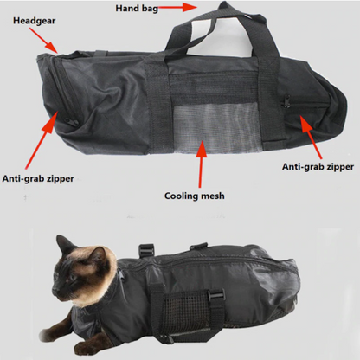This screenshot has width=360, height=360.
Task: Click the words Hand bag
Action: [137, 9]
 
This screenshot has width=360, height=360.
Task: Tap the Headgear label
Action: [34, 21]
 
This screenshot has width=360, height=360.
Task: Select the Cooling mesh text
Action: [195, 196]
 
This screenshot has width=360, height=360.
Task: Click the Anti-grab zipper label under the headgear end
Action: [38, 178]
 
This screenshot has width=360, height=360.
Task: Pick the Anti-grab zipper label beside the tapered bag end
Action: [318, 167]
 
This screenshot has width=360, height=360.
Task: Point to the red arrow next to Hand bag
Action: [177, 8]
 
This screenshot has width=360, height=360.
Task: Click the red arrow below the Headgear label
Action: [43, 41]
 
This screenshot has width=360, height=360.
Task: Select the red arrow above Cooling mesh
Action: [201, 164]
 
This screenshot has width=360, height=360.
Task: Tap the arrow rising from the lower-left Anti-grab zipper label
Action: [42, 139]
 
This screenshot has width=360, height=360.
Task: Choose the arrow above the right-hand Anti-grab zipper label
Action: [311, 137]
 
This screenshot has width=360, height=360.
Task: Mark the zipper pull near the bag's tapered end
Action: [286, 101]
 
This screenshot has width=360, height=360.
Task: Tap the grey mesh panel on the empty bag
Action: [217, 128]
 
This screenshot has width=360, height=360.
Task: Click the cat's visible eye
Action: [73, 278]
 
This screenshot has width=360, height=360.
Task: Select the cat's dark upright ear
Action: [65, 245]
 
